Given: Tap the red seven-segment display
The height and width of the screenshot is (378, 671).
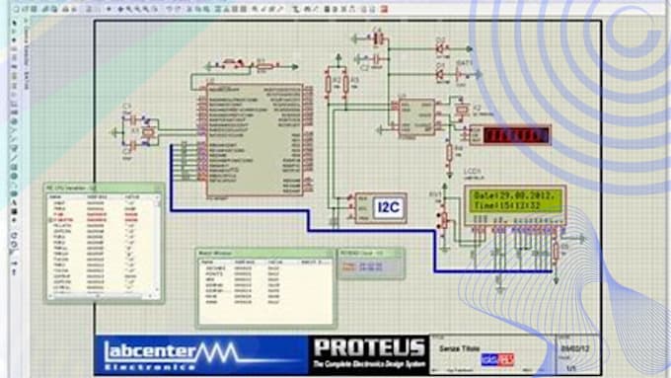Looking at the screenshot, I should coord(522,133).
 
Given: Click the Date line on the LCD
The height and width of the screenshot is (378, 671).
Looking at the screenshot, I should coord(514,196).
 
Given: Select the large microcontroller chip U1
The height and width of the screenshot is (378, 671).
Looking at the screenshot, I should coord(251,138).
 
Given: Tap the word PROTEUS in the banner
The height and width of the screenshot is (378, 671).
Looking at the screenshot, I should coord(368,348).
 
